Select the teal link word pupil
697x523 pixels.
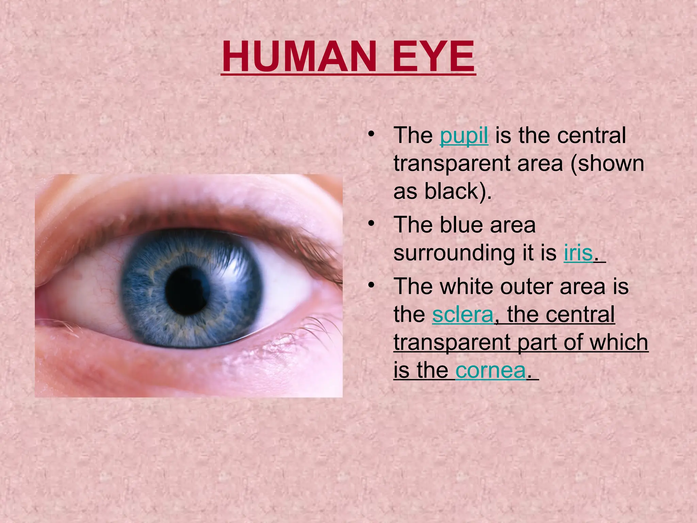[464, 136]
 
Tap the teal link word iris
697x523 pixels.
[578, 253]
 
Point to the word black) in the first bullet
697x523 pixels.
[458, 191]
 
